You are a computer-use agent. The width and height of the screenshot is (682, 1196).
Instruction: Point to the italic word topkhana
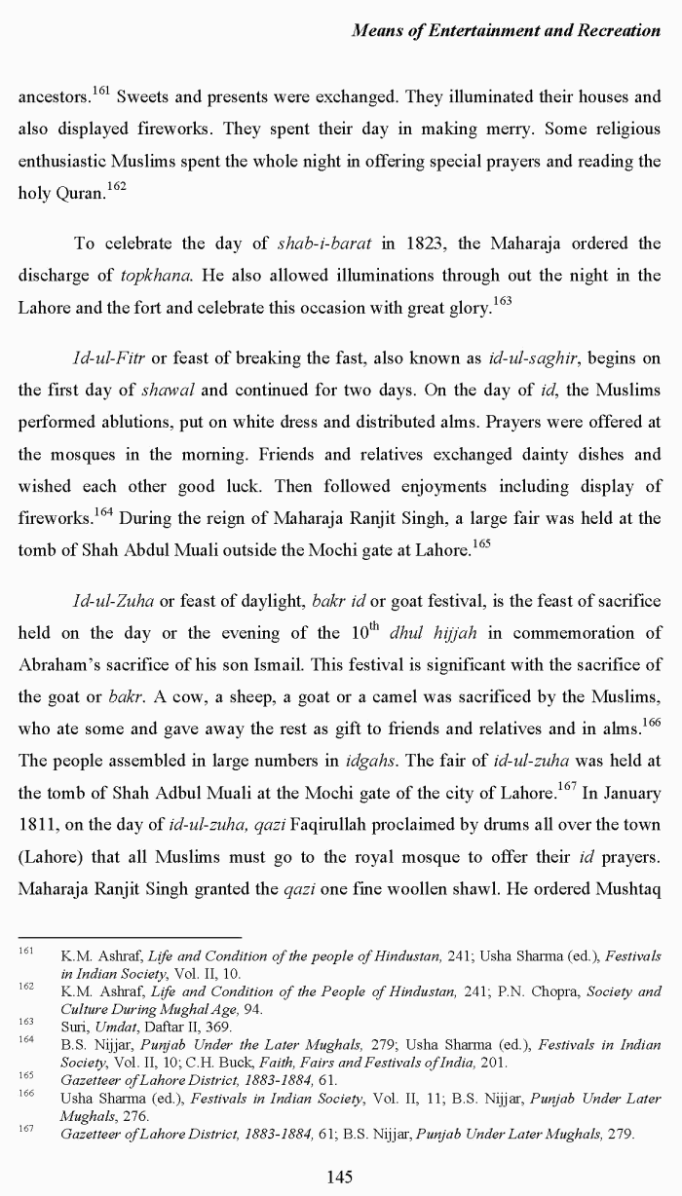(156, 276)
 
